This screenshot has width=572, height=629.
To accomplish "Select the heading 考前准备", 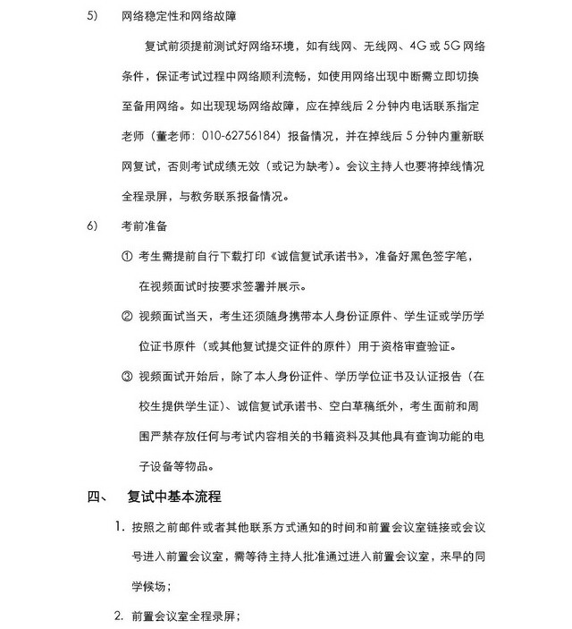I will (144, 225).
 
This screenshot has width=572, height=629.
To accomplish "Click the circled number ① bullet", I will (127, 256).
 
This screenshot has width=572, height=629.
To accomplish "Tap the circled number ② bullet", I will (127, 316).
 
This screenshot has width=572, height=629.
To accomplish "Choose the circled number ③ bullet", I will (127, 376).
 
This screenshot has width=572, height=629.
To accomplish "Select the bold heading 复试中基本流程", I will (174, 497).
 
